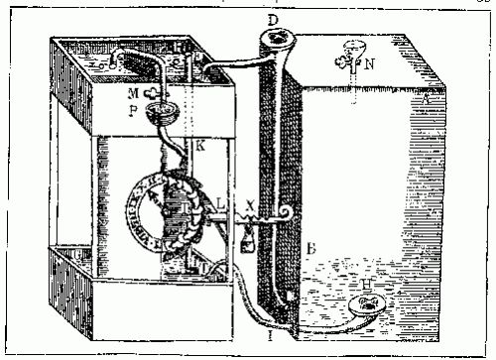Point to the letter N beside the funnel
(370, 59)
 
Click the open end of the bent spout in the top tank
(117, 60)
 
